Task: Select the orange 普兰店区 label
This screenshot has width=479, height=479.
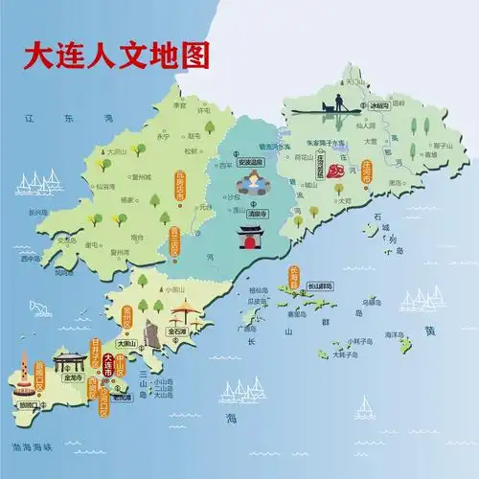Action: tap(174, 238)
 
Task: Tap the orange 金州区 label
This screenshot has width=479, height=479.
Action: tap(125, 313)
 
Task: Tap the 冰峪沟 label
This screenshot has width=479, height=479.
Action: tap(380, 105)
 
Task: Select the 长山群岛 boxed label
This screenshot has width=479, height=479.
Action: tap(320, 285)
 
